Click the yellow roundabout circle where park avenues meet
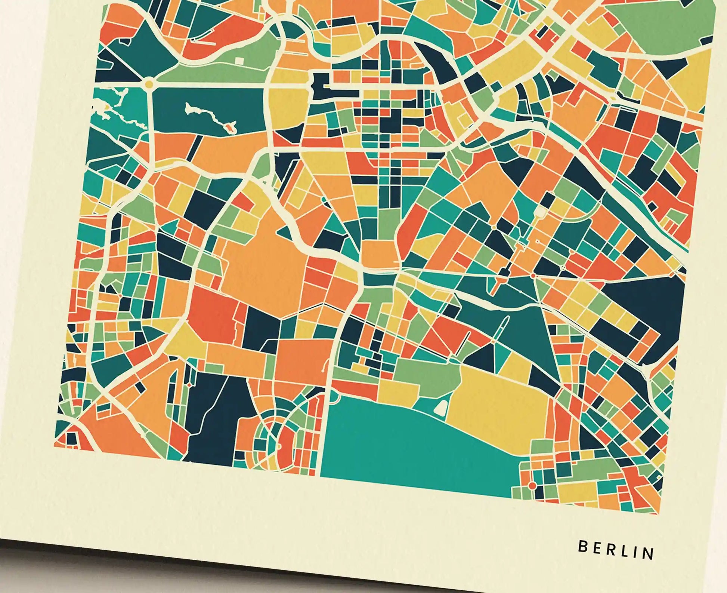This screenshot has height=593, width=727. point(149,83)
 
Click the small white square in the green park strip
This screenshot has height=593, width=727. point(239,61)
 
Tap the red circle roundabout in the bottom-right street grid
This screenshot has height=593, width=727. point(532,486)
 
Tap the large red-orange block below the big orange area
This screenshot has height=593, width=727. point(213,314)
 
